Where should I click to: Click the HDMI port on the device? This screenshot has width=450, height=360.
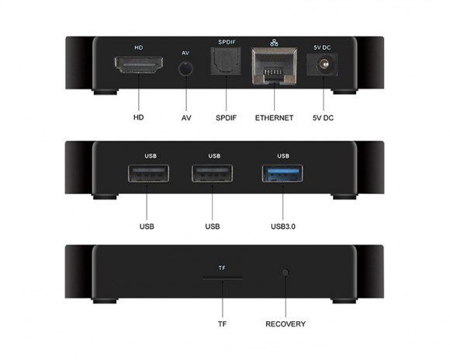click(139, 65)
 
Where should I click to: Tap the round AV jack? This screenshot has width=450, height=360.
click(185, 69)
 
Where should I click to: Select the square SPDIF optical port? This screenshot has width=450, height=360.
click(226, 61)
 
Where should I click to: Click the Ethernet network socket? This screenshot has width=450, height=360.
click(275, 66)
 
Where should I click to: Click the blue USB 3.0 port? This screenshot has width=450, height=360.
click(282, 173)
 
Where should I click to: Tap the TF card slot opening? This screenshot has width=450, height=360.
click(222, 278)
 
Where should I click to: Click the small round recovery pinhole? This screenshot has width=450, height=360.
click(286, 272)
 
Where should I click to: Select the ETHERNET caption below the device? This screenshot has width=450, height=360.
click(274, 118)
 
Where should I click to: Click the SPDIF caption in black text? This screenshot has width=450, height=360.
click(226, 118)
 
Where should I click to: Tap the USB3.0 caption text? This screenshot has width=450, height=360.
click(283, 227)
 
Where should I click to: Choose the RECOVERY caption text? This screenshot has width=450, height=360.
click(286, 324)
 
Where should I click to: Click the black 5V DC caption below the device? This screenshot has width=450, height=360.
click(324, 118)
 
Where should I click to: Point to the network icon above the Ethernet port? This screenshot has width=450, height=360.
click(274, 43)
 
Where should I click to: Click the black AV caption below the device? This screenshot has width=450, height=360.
click(186, 118)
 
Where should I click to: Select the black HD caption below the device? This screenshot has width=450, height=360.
click(139, 117)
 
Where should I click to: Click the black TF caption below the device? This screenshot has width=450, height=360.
click(222, 324)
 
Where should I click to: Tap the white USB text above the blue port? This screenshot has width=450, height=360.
click(283, 156)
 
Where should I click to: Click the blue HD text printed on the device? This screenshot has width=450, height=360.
click(139, 47)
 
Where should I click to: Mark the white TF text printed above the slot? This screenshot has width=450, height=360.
click(222, 268)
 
